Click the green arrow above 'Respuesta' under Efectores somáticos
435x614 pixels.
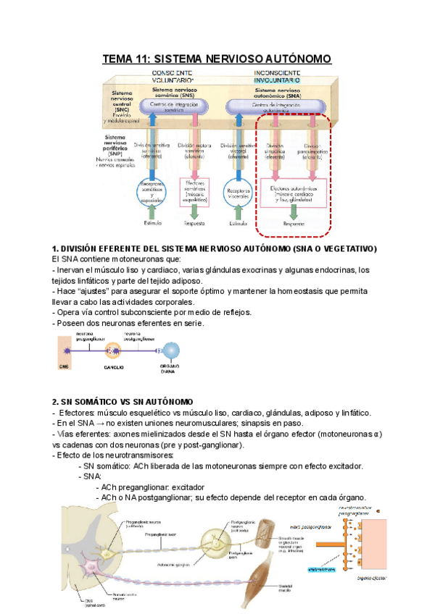click(x=195, y=213)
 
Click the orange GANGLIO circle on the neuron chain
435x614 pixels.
click(x=113, y=350)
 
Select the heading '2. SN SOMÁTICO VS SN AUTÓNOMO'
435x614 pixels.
click(x=122, y=401)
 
